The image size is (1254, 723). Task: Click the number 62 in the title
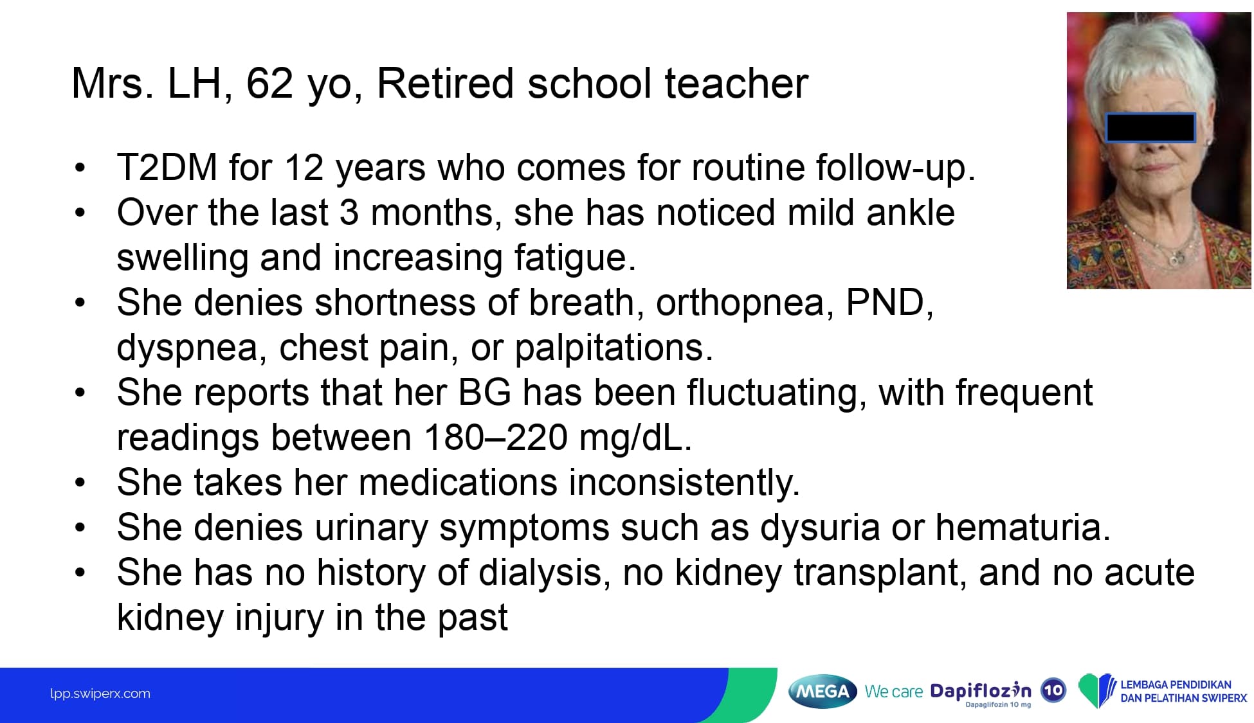tap(270, 84)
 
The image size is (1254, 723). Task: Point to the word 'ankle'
tap(910, 212)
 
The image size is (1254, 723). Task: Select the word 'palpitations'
tap(613, 348)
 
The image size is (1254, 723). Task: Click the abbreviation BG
tap(485, 393)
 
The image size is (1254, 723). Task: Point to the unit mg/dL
tap(635, 438)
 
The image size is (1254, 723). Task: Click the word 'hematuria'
tap(1022, 528)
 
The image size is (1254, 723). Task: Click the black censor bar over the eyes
tap(1150, 127)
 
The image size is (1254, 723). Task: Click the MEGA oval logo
tap(822, 692)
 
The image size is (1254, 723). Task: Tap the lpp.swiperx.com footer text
tap(100, 694)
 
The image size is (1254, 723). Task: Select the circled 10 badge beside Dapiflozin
tap(1053, 691)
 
